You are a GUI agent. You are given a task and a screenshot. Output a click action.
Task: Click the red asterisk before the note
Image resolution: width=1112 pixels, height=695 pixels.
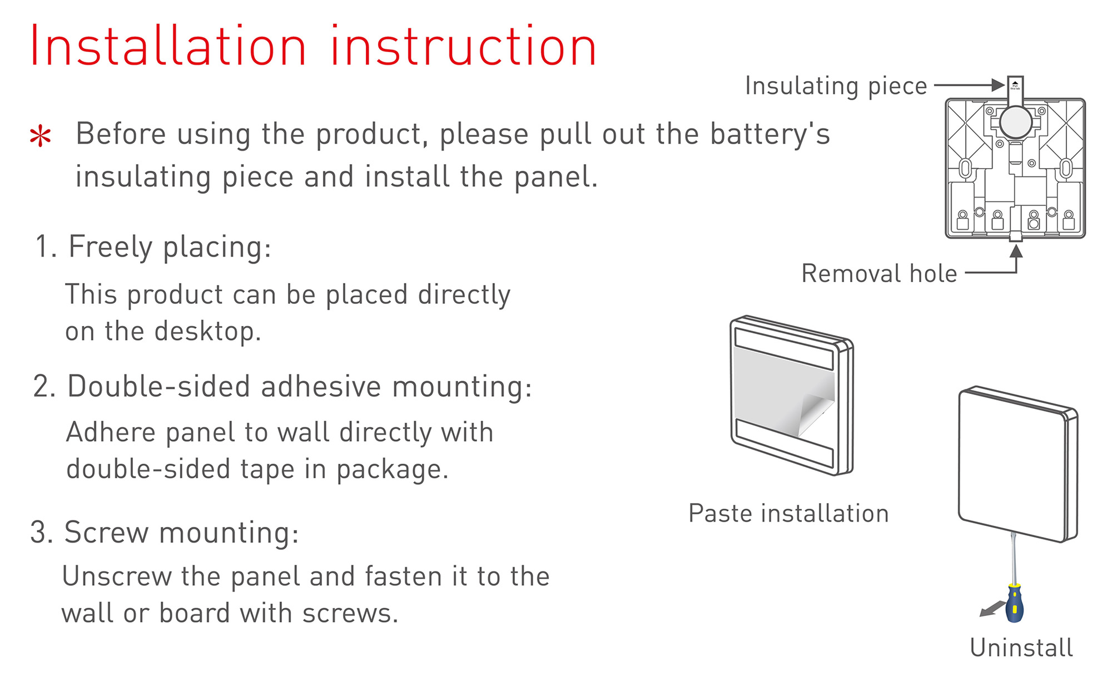tap(41, 136)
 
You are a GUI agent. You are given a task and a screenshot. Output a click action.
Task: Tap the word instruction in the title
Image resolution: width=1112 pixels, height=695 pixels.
tap(463, 46)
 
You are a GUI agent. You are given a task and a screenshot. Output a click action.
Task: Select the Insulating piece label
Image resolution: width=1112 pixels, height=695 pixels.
tap(836, 86)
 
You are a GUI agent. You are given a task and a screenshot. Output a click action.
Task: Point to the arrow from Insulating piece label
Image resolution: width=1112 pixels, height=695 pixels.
tap(970, 85)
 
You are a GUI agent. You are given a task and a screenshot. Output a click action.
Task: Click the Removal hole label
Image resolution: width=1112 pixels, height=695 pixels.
tap(879, 273)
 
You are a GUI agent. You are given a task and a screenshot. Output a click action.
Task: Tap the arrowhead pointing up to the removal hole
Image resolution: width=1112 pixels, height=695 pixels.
tap(1016, 251)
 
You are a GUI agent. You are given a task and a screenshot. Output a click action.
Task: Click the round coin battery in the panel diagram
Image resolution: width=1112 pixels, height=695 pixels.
tap(1016, 121)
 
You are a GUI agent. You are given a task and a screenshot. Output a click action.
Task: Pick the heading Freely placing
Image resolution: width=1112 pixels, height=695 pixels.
tap(153, 247)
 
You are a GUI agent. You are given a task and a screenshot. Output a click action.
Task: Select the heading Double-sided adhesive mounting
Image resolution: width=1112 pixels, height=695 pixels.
tap(282, 386)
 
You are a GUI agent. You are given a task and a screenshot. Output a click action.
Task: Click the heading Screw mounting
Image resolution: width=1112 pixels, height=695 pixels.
tap(165, 533)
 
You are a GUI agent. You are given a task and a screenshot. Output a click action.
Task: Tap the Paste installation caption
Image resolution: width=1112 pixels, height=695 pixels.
tap(788, 513)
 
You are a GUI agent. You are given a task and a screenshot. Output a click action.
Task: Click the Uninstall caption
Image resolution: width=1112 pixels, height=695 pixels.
tap(1021, 648)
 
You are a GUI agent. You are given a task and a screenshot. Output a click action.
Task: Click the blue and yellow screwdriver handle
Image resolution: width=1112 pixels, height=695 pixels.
tap(1015, 603)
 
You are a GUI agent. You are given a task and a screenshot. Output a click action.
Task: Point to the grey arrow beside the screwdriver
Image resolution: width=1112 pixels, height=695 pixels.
tap(992, 609)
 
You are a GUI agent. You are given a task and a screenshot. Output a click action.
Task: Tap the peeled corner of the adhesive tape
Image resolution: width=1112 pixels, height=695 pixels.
tap(815, 414)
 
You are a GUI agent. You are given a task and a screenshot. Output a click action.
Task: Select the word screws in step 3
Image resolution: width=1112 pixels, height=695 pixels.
tap(350, 613)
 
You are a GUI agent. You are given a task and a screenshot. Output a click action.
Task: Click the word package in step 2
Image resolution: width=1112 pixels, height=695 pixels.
tap(392, 470)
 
